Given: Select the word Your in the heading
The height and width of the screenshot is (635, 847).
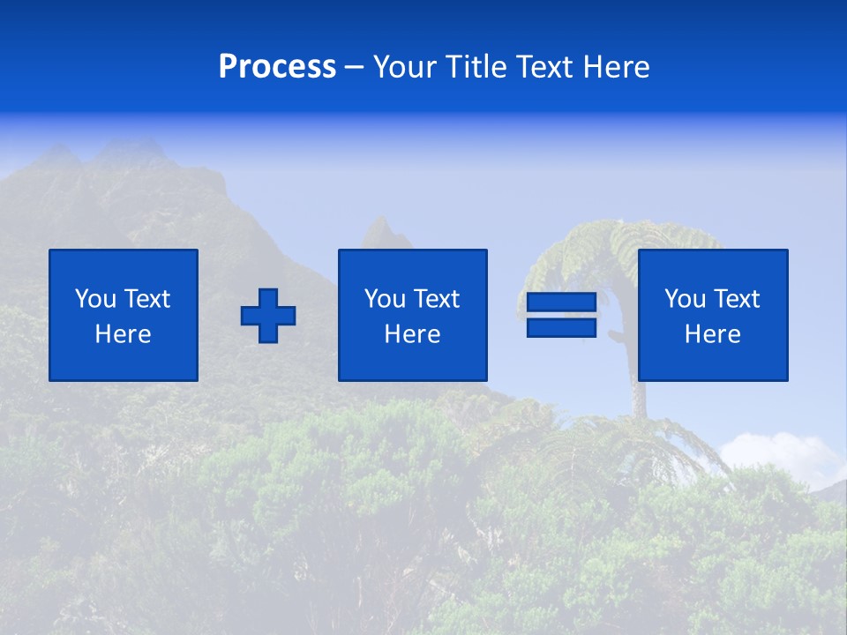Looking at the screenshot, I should pos(402,68).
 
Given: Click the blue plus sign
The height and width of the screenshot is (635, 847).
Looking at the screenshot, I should pos(268,315).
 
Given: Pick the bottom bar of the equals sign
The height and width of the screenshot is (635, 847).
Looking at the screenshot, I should pos(562,327).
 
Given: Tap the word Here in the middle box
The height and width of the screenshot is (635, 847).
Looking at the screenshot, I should pos(412,334).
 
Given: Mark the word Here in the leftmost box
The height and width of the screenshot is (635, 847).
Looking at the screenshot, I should pos(123,334).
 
